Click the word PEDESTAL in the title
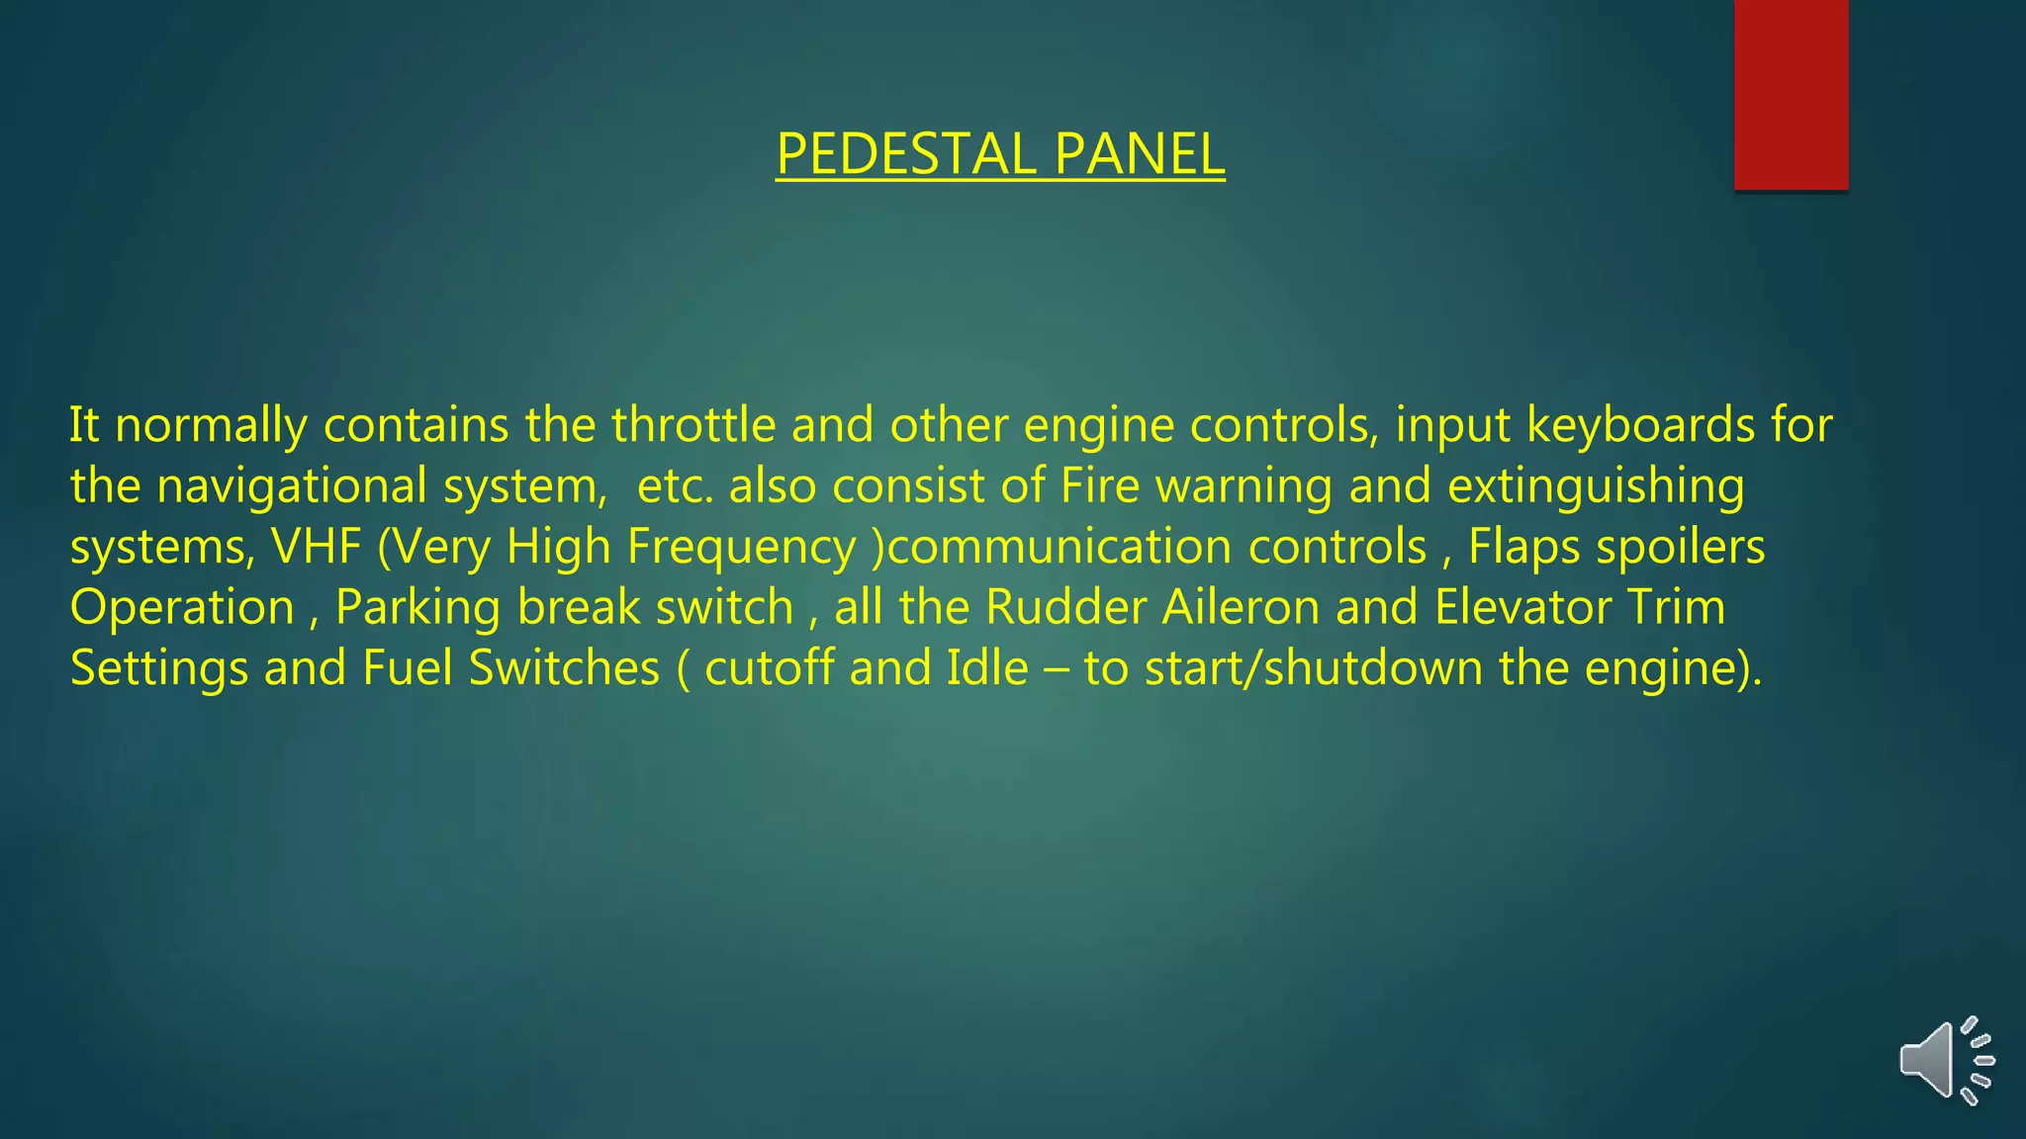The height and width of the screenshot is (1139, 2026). tap(904, 155)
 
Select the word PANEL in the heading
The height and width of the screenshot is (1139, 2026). tap(1139, 155)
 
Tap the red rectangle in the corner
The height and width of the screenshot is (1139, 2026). tap(1791, 94)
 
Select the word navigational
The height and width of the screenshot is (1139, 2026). tap(292, 486)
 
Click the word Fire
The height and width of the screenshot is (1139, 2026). tap(1100, 486)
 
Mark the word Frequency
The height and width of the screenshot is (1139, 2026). tap(741, 547)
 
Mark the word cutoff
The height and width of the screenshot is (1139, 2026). tap(769, 668)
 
